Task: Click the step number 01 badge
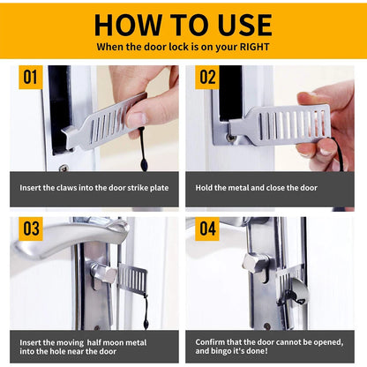click(x=31, y=78)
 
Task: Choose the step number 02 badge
click(x=206, y=78)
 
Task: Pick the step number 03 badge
click(x=31, y=229)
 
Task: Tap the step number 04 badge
click(x=206, y=229)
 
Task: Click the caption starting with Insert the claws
click(x=95, y=188)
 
